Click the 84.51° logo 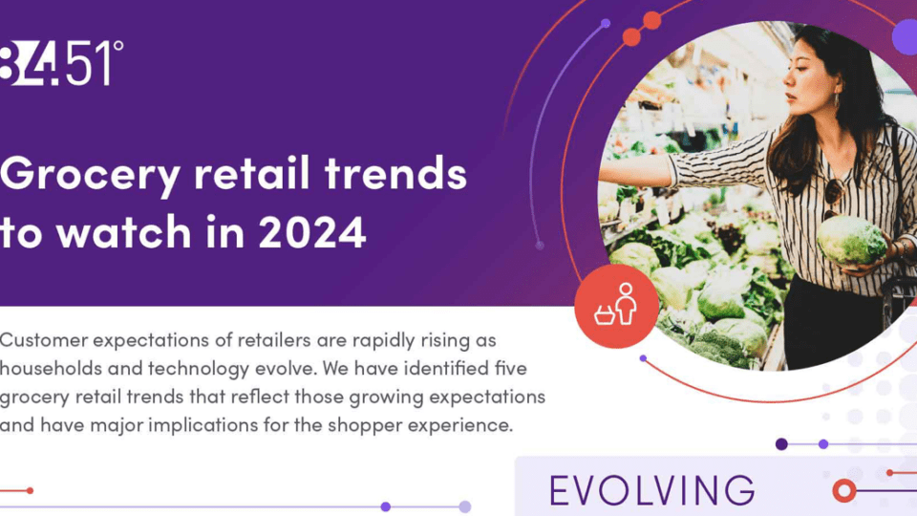coord(61,64)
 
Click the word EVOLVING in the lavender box coord(652,490)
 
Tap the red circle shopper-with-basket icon coord(616,306)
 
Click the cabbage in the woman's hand coord(851,239)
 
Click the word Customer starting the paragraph coord(47,340)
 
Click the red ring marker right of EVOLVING coord(843,491)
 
